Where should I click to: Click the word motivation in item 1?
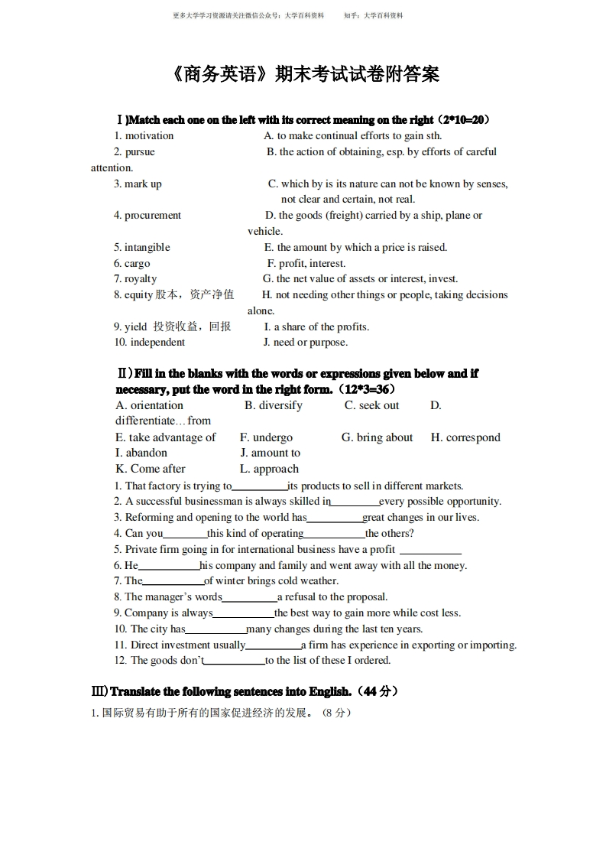point(149,136)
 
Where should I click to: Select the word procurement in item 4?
point(153,216)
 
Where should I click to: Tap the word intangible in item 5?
point(147,248)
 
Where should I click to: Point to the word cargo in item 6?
point(138,264)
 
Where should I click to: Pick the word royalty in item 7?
point(141,279)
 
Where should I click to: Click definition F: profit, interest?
point(306,264)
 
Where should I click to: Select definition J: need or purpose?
point(306,343)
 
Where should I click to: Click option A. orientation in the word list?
point(150,406)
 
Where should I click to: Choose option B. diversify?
point(274,406)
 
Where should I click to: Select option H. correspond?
point(465,438)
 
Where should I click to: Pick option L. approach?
point(269,470)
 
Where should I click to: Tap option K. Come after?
point(151,470)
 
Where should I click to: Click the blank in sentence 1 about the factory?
point(260,487)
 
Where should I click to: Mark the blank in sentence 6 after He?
point(169,567)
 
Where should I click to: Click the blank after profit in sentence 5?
point(430,551)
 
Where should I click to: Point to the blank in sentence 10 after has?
point(216,630)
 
